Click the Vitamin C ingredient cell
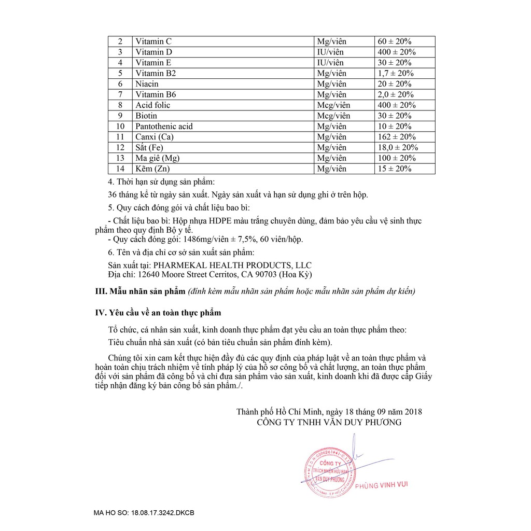(x=153, y=41)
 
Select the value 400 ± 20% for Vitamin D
(x=397, y=52)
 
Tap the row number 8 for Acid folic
(x=120, y=105)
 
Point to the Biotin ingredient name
(x=146, y=116)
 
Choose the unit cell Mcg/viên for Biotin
(x=333, y=116)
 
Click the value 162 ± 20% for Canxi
(x=397, y=137)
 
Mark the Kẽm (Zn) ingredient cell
(x=152, y=169)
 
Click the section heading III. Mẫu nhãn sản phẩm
(x=140, y=291)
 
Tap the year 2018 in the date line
(x=413, y=412)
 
